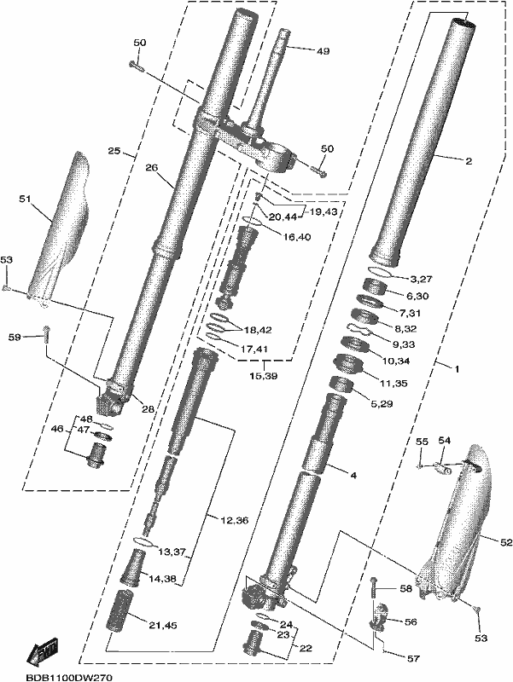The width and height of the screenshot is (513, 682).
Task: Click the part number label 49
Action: [323, 51]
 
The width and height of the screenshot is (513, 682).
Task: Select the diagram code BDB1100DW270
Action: [69, 677]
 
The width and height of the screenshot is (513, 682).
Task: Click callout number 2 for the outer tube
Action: [468, 161]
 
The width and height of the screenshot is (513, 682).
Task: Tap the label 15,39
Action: [264, 375]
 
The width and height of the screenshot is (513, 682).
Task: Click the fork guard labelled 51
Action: [61, 228]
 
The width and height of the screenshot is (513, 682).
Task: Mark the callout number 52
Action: [506, 542]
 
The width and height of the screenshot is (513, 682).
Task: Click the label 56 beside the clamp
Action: [411, 621]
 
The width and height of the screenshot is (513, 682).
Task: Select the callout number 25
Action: [114, 151]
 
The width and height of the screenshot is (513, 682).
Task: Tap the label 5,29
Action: [381, 403]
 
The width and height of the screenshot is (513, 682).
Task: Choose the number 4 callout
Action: [353, 476]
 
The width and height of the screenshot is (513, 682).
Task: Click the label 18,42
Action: [258, 330]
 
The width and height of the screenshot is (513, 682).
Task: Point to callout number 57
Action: [413, 658]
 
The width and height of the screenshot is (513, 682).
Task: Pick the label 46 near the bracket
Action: [69, 430]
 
